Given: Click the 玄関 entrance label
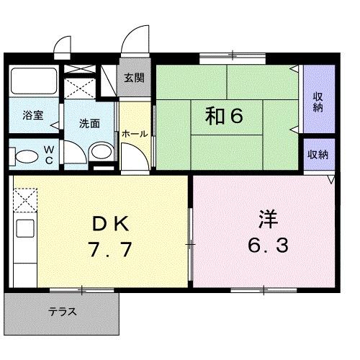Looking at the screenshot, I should coord(134,78).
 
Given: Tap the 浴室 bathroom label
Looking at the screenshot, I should coord(31,114).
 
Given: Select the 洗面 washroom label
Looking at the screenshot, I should coord(89,122).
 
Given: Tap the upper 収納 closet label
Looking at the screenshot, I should coord(318,102).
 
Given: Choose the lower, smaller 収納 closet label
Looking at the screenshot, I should coord(318,153).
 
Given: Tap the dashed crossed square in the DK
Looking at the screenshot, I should coord(24,199).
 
